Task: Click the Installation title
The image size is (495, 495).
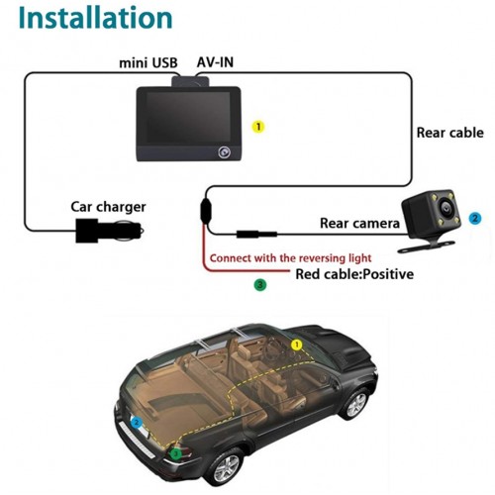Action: (96, 18)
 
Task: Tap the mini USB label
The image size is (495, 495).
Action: (148, 62)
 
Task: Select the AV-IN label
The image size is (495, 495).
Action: (215, 62)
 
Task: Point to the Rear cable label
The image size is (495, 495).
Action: (449, 133)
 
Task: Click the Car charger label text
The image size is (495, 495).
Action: (108, 207)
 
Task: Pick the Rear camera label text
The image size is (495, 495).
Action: (359, 224)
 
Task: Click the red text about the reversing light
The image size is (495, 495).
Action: (290, 258)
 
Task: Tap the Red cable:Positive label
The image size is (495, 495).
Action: (354, 274)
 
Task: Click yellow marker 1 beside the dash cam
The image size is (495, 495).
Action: (258, 127)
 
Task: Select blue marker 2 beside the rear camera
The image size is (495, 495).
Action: (475, 218)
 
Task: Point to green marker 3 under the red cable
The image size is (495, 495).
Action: (260, 285)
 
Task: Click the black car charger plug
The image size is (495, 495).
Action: (109, 231)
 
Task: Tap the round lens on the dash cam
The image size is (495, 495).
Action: (225, 152)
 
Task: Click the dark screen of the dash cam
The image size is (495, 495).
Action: (188, 116)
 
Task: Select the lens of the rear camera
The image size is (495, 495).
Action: (445, 208)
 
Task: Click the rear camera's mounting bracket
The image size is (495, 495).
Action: (427, 246)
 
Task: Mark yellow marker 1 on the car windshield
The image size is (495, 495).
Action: (297, 345)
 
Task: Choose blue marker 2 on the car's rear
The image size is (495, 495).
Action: (137, 423)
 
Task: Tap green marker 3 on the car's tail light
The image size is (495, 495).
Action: (176, 454)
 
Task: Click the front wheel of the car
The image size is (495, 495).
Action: (355, 403)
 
